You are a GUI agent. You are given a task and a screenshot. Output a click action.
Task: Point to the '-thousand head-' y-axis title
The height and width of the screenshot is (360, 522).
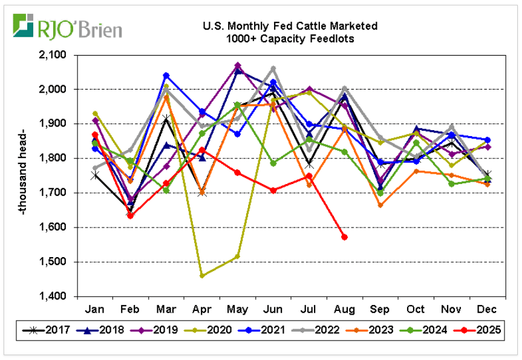pos(22,175)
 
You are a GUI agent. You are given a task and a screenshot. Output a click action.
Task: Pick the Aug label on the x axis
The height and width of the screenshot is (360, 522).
pos(344,309)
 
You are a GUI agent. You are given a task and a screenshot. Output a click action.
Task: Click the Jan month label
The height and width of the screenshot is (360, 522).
pos(95,309)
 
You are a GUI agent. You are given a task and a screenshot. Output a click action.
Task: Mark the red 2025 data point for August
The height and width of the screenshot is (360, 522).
pos(344,237)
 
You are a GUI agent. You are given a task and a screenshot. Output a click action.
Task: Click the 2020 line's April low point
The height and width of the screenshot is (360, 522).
pos(202,276)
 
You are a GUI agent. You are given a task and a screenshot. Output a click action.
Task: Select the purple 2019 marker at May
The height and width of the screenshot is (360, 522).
pos(238,65)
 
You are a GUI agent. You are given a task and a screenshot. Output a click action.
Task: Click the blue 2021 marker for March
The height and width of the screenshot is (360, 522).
pos(166,76)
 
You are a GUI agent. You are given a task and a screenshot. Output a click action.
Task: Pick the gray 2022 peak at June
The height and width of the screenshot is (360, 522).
pos(273,68)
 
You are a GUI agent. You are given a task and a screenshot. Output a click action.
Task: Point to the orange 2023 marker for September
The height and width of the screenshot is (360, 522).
pos(380,205)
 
